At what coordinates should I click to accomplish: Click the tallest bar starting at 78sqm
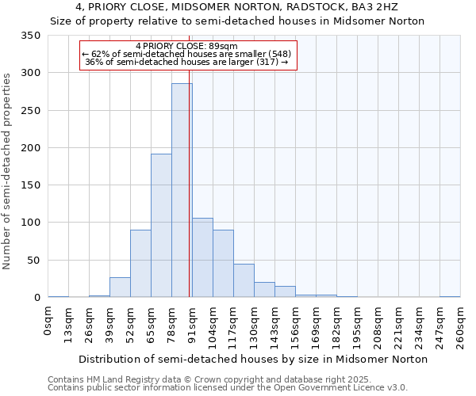tap(182, 190)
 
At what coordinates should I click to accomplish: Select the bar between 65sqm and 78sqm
tap(161, 226)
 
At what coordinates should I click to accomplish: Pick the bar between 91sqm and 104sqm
tap(202, 257)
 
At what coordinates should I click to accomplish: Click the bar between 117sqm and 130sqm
tap(244, 280)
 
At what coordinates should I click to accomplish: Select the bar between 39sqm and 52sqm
tap(120, 287)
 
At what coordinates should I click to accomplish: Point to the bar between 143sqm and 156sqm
tap(285, 291)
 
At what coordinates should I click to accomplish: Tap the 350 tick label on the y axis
tap(30, 36)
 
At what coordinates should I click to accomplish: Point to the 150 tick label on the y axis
tap(30, 185)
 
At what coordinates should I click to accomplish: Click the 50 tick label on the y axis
tap(33, 260)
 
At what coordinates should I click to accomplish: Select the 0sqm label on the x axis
tap(48, 322)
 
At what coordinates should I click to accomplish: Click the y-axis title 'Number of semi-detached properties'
tap(7, 170)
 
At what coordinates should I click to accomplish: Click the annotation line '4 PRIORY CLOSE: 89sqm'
tap(187, 46)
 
